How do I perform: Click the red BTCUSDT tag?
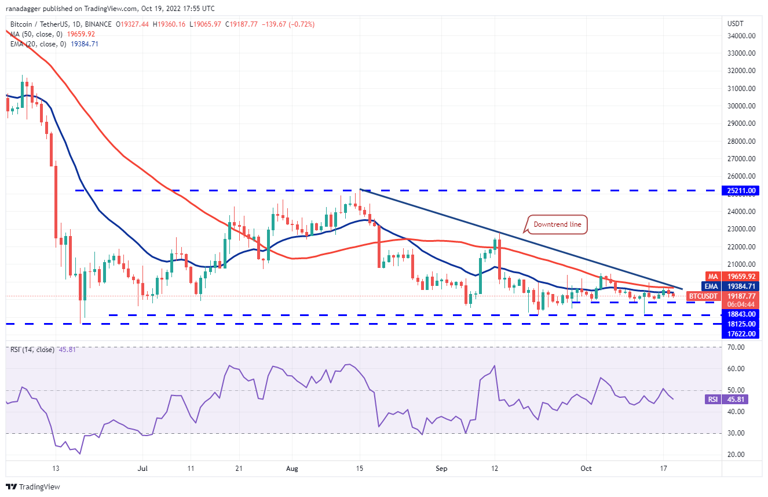point(703,296)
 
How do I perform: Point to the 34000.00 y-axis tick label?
point(741,35)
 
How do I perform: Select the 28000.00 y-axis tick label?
point(741,141)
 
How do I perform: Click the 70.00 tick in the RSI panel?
point(737,347)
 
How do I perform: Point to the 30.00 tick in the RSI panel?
point(737,433)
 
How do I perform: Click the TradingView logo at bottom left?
point(33,487)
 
